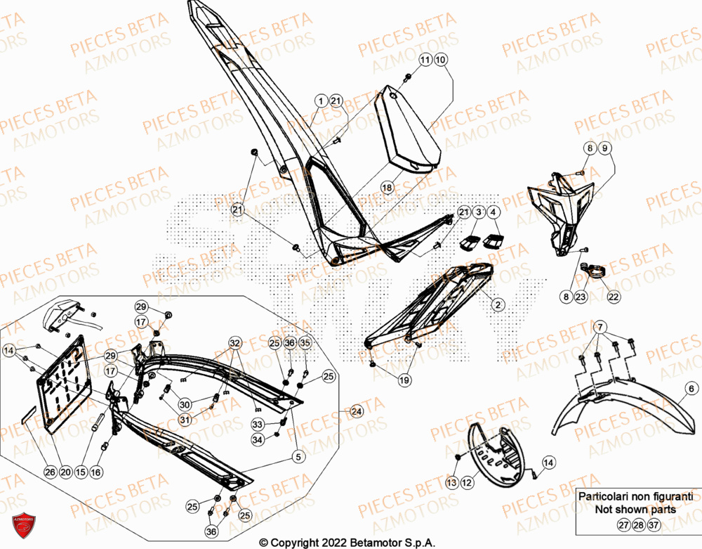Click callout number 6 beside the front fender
(691, 389)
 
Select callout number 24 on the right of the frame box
(357, 411)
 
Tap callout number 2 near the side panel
(497, 304)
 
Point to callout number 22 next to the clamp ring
(614, 297)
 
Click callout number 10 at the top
(440, 61)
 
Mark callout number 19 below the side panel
(404, 380)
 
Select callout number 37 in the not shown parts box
(654, 525)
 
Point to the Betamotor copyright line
(347, 543)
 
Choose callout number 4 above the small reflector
(494, 212)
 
